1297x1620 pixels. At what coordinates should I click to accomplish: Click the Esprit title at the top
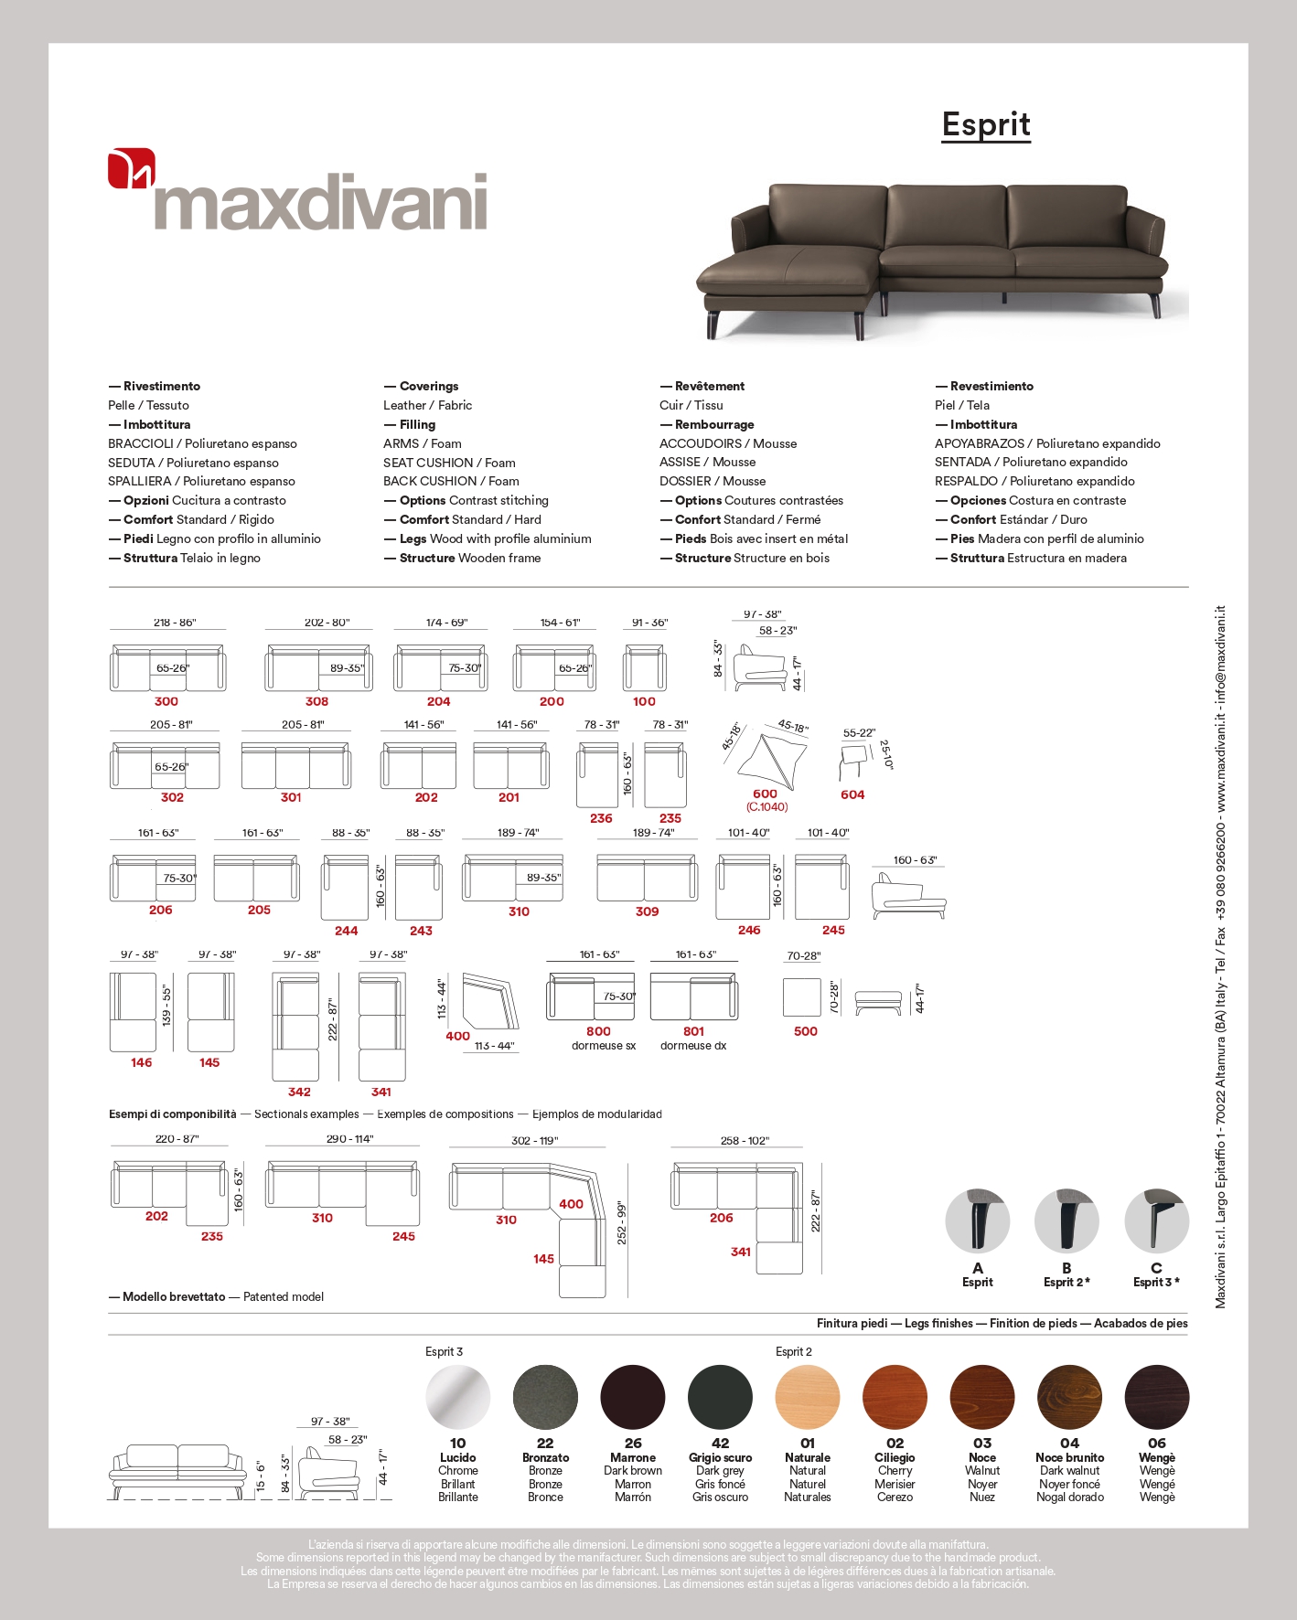click(986, 124)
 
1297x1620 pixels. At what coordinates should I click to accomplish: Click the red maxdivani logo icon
click(131, 169)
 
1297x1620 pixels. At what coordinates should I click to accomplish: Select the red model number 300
click(166, 701)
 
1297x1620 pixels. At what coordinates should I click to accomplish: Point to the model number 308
click(316, 701)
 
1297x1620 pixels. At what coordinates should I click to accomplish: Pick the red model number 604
click(852, 794)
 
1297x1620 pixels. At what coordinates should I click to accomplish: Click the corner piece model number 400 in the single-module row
click(457, 1036)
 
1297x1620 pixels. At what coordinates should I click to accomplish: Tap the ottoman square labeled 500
click(802, 997)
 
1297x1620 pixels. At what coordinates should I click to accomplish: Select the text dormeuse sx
click(604, 1046)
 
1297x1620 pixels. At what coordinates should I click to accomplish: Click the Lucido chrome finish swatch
click(458, 1397)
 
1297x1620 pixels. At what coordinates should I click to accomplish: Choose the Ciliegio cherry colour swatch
click(895, 1397)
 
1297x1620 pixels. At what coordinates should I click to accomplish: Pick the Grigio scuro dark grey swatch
click(720, 1397)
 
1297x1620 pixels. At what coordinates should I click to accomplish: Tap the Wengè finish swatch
click(1157, 1397)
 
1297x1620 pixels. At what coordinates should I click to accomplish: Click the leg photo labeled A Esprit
click(977, 1220)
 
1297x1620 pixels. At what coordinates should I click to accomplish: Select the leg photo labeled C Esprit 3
click(1156, 1220)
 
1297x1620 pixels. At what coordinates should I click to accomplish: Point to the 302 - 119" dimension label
click(534, 1140)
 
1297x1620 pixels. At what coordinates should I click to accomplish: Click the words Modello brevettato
click(174, 1296)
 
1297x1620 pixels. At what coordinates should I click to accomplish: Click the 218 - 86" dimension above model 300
click(175, 623)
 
